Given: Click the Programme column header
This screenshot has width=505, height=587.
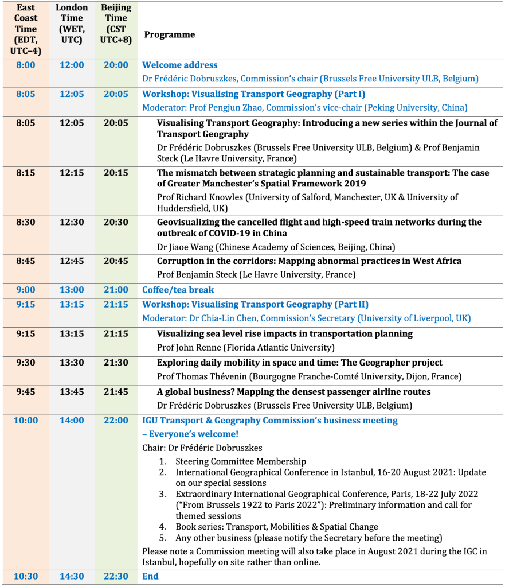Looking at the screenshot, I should coord(170,34).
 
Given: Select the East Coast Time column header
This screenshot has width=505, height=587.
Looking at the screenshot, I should coord(26,29).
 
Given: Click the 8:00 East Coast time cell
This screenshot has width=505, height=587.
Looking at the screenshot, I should coord(26,65).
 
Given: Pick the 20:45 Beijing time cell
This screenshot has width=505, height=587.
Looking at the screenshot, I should coord(116,261).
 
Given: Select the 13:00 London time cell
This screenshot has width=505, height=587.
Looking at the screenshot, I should coord(72,290).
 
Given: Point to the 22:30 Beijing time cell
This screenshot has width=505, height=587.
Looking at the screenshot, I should coord(116,576).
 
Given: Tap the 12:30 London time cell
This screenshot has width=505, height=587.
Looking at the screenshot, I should coord(72,222).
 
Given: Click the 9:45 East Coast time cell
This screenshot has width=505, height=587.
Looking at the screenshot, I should coord(26,392).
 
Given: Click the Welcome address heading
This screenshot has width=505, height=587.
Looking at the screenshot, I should coord(180,65).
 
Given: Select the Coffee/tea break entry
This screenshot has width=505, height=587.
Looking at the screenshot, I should coord(178,290).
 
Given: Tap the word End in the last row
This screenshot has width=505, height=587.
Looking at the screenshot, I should coord(150,576).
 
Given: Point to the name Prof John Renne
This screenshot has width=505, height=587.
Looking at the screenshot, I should coord(188,347).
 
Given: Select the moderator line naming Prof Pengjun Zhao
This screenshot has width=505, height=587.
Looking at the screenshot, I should coord(304,107).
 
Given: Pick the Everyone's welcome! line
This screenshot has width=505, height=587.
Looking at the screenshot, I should coord(190,434).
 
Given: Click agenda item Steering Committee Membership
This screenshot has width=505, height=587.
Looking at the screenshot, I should coord(241,461).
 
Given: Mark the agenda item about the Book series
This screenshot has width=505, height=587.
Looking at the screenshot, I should coord(277,527).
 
